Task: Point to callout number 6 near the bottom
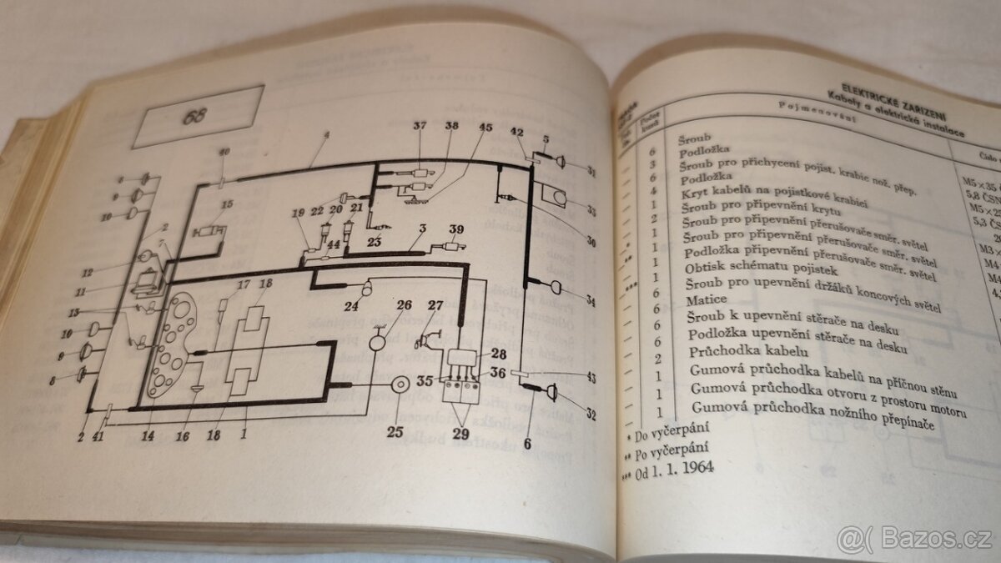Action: click(526, 444)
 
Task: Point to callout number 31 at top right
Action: click(591, 173)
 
